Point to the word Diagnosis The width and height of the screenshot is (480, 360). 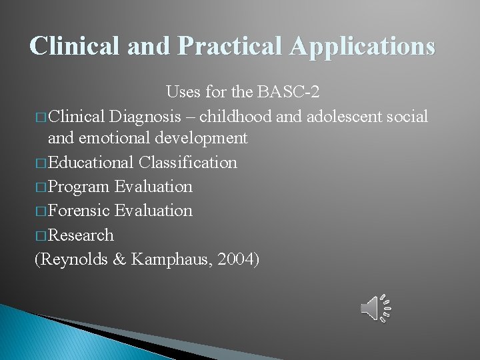(143, 117)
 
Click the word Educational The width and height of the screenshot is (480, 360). (91, 163)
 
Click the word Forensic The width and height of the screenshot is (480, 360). (79, 211)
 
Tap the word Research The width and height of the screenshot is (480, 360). (81, 235)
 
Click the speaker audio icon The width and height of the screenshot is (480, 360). (375, 307)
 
